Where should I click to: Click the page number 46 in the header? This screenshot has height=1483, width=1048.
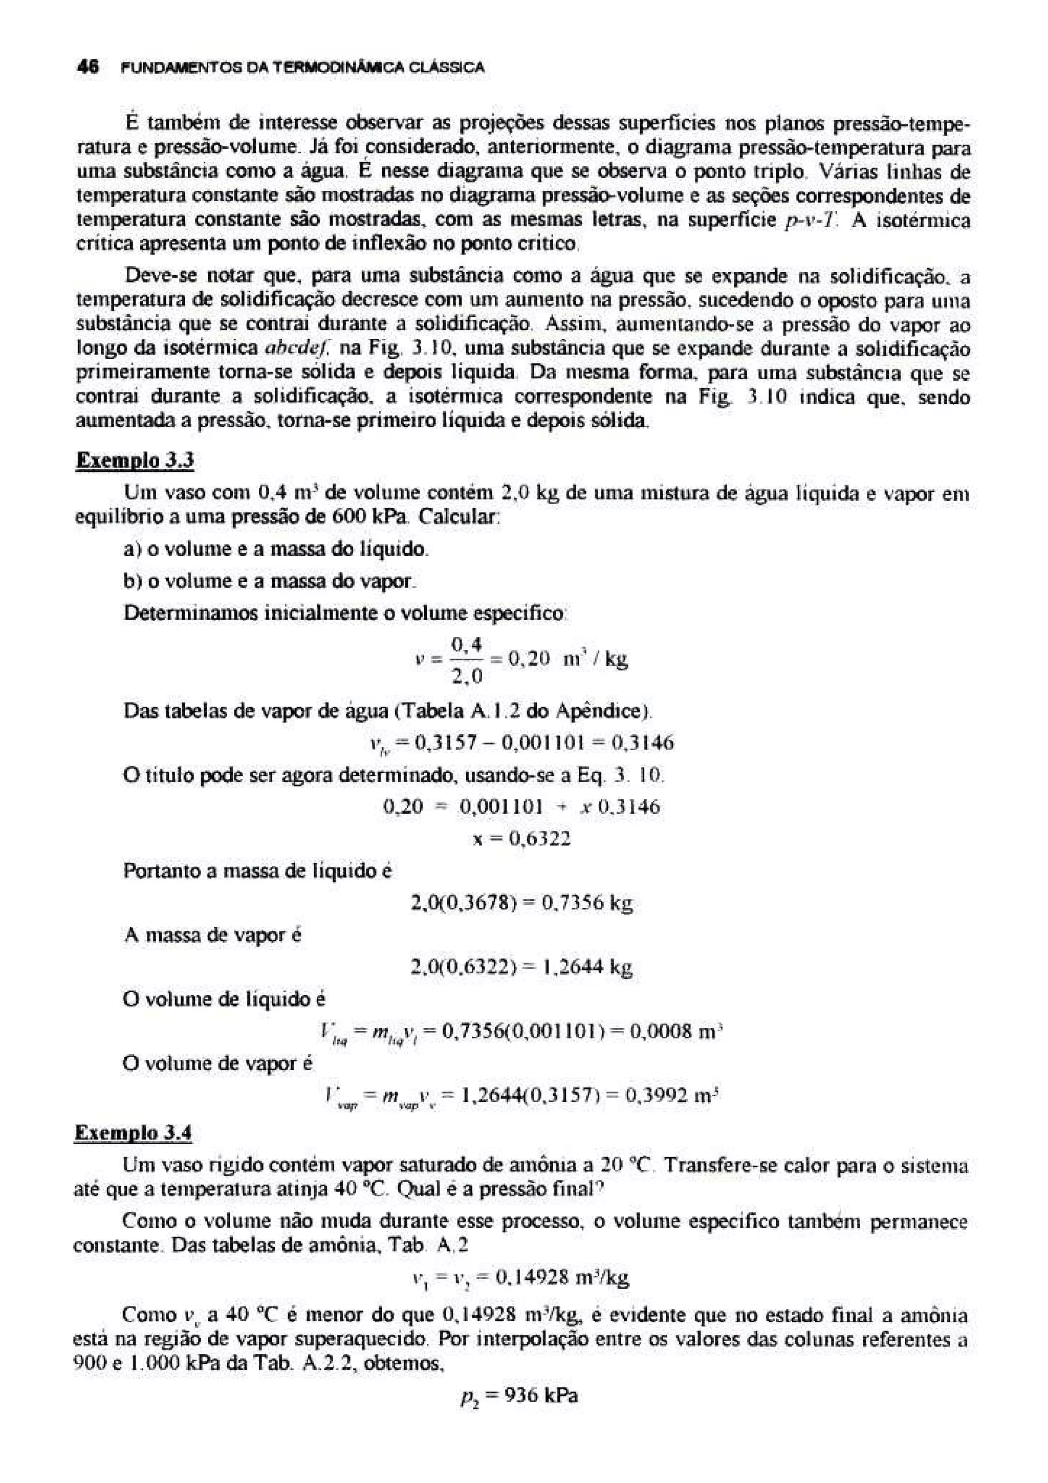coord(87,67)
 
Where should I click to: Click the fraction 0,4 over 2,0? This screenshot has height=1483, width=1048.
coord(467,660)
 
